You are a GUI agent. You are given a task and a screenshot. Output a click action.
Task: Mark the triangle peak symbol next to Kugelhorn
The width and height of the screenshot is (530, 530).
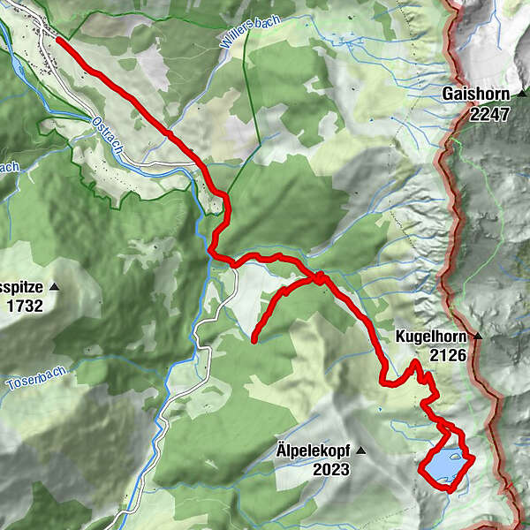[478, 337]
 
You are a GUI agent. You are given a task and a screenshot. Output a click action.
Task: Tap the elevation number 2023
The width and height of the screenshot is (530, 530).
[330, 469]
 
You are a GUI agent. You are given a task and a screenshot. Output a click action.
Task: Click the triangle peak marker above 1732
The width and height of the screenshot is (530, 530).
[55, 287]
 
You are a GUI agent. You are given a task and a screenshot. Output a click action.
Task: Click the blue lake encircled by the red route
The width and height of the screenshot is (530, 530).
[442, 465]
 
